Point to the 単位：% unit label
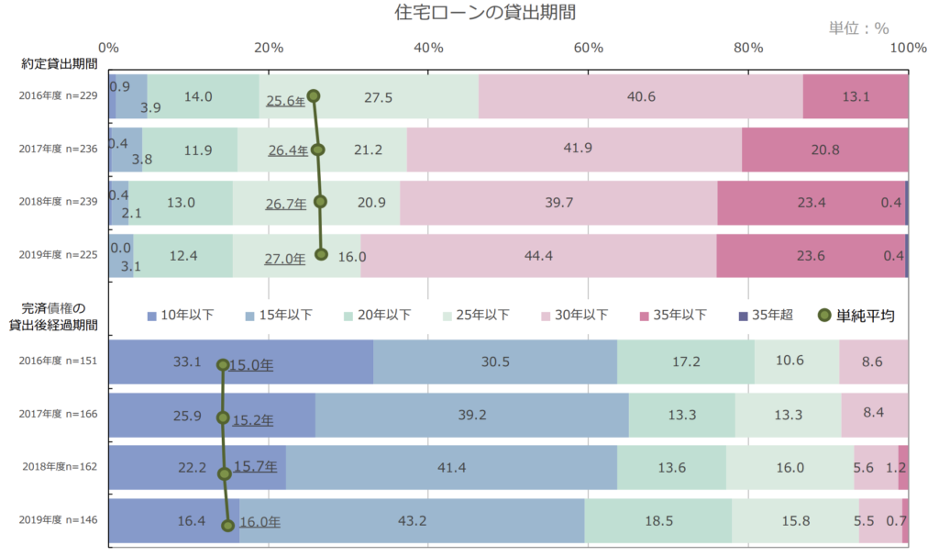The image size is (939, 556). tap(858, 28)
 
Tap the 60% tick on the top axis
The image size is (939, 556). tap(588, 48)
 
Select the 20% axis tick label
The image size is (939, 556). tap(268, 48)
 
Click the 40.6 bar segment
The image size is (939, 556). tap(640, 96)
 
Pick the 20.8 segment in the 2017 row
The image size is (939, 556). tap(824, 150)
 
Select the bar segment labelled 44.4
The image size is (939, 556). tap(538, 256)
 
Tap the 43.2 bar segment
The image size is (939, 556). tap(412, 521)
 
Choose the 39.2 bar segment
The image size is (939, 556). tap(471, 415)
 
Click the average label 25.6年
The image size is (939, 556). tap(285, 101)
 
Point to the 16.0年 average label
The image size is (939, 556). tap(260, 522)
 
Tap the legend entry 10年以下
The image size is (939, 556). tap(181, 315)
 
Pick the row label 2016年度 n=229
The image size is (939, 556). tap(59, 95)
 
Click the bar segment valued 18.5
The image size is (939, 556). tap(657, 521)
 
